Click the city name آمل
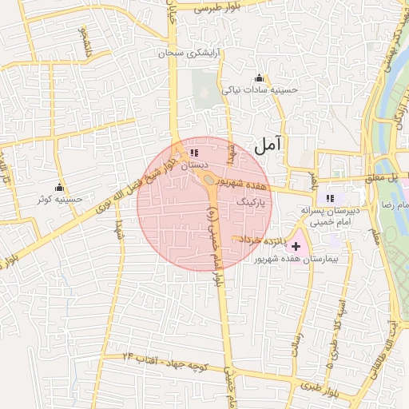[268, 145]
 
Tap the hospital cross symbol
[296, 247]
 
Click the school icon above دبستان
[195, 153]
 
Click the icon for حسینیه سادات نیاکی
[258, 78]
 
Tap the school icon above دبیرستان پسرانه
[330, 198]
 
